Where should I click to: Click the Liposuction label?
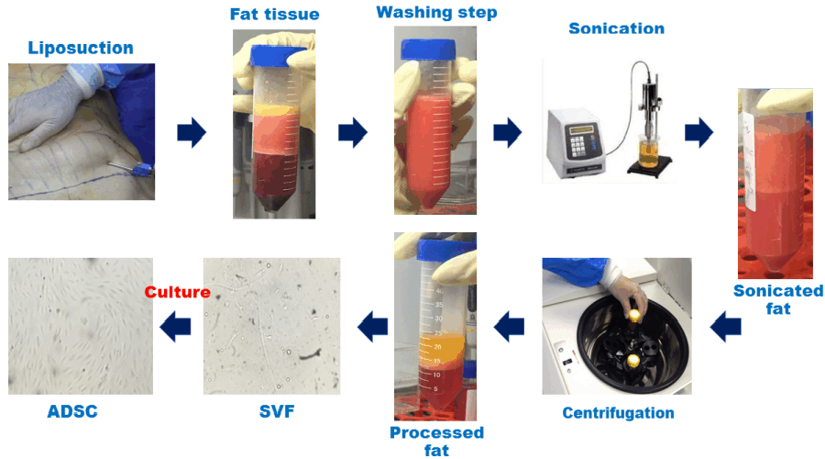[81, 48]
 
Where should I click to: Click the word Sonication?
[616, 28]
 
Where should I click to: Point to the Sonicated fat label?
[778, 299]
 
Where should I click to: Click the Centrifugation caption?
[618, 412]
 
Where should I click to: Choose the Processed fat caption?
[436, 441]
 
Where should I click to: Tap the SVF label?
[270, 412]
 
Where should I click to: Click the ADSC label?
[72, 412]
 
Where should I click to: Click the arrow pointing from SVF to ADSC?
[176, 323]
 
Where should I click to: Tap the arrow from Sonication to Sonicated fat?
[698, 132]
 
